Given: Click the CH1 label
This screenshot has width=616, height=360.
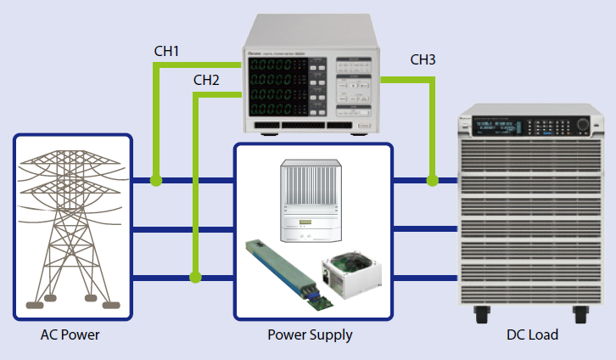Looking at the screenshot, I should (166, 52).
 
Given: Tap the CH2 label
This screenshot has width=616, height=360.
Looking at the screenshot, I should (206, 81).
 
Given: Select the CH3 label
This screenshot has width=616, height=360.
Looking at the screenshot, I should (423, 59).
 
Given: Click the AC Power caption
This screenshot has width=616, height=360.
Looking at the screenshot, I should (70, 335).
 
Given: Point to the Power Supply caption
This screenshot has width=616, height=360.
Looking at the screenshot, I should (311, 335).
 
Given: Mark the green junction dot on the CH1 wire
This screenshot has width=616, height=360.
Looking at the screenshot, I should (155, 180).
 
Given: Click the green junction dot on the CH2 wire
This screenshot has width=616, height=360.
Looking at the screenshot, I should (196, 277).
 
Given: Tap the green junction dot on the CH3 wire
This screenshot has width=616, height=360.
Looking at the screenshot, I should (433, 180).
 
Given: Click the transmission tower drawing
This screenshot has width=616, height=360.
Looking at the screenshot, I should (71, 226).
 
